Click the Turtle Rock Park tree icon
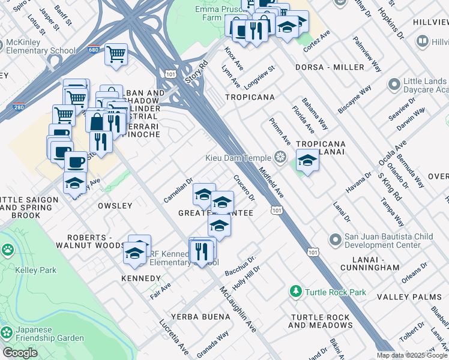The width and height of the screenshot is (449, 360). click(x=295, y=292)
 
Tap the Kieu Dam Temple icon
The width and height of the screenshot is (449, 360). click(x=280, y=158)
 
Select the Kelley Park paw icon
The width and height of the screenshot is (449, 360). click(x=8, y=250)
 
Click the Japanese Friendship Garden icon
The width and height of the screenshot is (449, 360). click(x=7, y=332)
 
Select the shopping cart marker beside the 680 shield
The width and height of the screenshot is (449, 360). click(x=116, y=54)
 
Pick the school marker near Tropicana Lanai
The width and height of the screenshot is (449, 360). click(x=307, y=161)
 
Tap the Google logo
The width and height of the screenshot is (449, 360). click(x=20, y=353)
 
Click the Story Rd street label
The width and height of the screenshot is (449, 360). click(x=196, y=71)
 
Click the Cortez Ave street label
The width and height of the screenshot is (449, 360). click(x=317, y=39)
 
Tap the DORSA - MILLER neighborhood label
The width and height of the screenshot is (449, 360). click(x=324, y=68)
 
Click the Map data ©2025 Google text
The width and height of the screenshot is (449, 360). click(x=412, y=355)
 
